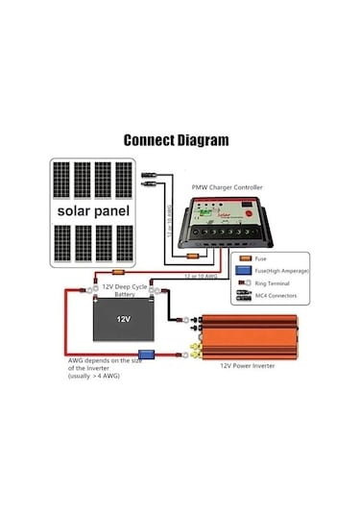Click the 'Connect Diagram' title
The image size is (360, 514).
click(x=177, y=140)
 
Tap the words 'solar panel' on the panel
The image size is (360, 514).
click(x=93, y=210)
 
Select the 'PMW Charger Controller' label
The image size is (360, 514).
click(x=228, y=187)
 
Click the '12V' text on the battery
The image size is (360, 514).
click(x=123, y=318)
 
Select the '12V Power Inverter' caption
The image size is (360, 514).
click(x=252, y=366)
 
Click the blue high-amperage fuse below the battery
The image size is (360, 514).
click(x=147, y=355)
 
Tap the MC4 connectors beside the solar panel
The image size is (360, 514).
click(x=152, y=179)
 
